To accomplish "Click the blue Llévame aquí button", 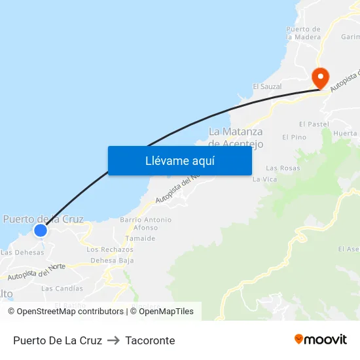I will [179, 160].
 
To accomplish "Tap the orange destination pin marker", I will [320, 79].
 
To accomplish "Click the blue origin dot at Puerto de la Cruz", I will [41, 230].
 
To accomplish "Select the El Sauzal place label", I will [267, 86].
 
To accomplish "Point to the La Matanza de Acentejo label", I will [236, 137].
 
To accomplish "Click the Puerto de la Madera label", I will [304, 33].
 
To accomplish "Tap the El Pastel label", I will [314, 124].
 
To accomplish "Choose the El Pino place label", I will [294, 137].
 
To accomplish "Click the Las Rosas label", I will [283, 168].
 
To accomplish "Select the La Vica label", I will [265, 179].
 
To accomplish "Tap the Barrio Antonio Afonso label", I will [145, 224].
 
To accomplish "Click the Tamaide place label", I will [141, 238].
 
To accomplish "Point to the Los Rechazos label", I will [110, 249].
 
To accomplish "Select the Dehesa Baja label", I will [112, 260].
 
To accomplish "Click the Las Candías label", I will [62, 288].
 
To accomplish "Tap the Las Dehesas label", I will [22, 252].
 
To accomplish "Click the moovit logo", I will [320, 339].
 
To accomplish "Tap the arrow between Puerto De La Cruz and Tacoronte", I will [113, 340].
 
